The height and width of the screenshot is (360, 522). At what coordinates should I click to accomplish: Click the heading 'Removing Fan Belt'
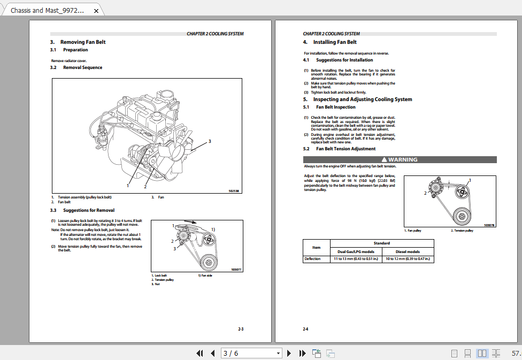(x=83, y=42)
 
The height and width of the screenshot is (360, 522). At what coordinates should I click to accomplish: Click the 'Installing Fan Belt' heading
(x=335, y=42)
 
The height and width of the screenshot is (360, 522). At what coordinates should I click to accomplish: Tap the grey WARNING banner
(x=400, y=159)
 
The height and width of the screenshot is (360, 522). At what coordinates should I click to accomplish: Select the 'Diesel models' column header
(x=408, y=251)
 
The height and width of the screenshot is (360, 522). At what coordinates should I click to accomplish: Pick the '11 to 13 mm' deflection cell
(x=354, y=259)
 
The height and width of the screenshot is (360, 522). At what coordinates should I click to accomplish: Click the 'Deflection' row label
(x=312, y=259)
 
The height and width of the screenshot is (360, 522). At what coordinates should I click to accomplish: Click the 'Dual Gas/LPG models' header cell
(x=356, y=251)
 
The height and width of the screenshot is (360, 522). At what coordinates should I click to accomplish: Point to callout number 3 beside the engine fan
(x=210, y=141)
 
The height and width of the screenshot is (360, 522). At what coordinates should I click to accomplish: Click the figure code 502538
(x=234, y=191)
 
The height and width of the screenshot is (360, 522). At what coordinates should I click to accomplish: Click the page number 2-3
(x=240, y=329)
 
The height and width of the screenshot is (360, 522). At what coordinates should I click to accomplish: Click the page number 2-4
(x=305, y=329)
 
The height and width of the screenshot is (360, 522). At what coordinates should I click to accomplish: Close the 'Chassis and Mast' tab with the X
(x=96, y=10)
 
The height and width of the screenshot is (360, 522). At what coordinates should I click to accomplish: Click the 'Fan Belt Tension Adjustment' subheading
(x=346, y=149)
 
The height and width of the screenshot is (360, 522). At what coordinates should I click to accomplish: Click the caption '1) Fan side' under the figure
(x=205, y=275)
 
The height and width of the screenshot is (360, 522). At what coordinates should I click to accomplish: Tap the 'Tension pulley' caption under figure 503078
(x=462, y=231)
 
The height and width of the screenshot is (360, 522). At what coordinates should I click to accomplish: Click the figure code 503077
(x=236, y=270)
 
